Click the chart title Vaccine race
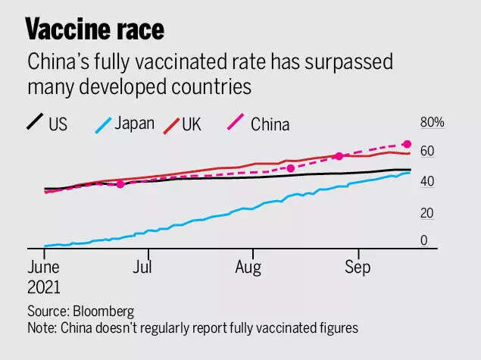[x=95, y=30]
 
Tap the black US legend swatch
[x=34, y=121]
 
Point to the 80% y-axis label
[x=433, y=123]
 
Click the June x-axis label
[x=44, y=267]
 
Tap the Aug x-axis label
[x=248, y=267]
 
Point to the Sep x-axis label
[x=356, y=267]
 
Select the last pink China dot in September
[x=407, y=144]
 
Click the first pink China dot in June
[x=120, y=184]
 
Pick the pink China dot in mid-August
[x=291, y=168]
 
